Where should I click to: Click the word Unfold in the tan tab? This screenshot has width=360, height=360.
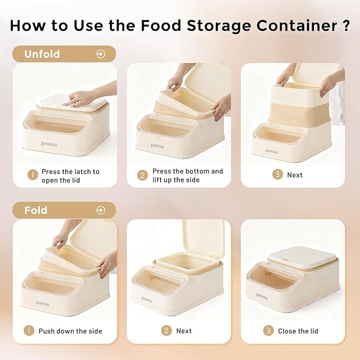(x=42, y=54)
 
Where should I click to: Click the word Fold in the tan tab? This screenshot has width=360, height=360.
(x=36, y=210)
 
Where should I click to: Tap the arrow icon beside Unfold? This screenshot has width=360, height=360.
(x=101, y=54)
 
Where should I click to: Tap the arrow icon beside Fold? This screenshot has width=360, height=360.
(x=101, y=210)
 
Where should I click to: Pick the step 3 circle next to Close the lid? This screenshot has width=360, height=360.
(x=269, y=331)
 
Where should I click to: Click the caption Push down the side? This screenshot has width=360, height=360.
(x=70, y=331)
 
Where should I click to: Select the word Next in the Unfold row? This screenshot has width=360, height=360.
(x=295, y=175)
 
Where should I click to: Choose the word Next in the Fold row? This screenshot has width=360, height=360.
(x=184, y=331)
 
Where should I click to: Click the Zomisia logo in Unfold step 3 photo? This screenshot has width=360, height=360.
(x=271, y=151)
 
